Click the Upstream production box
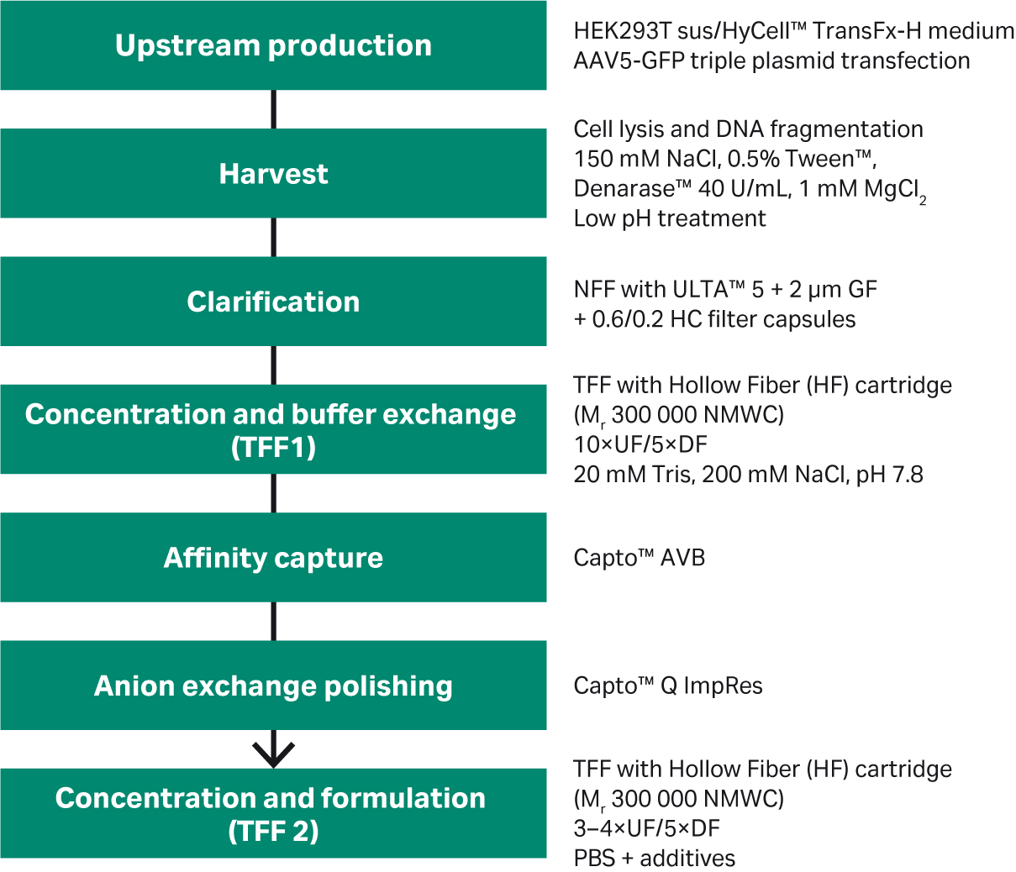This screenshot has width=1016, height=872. point(273,45)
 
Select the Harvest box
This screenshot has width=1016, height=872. point(273,173)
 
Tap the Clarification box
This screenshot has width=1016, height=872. point(273,301)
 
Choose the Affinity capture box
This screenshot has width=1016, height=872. point(273,558)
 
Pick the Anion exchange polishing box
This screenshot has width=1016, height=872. point(273,686)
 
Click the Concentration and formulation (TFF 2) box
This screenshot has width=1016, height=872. point(273,813)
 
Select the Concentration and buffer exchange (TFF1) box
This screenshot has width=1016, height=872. point(273,429)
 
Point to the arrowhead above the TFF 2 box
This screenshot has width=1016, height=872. point(273,755)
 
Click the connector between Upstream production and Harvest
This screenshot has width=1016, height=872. point(274,109)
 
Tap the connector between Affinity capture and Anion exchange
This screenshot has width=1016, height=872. point(274,622)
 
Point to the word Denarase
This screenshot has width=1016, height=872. point(624,189)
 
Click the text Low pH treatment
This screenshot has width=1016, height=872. point(670,218)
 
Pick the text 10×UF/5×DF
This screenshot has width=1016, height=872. point(640,444)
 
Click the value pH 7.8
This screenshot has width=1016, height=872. point(890,475)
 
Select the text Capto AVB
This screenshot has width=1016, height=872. point(639,558)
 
